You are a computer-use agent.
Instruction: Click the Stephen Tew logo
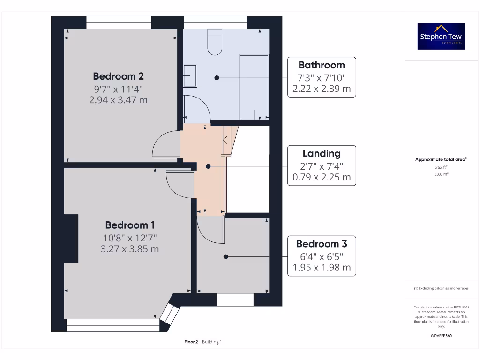click(x=442, y=36)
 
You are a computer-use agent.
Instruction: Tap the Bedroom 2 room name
click(x=118, y=76)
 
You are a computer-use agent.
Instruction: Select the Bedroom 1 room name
click(x=130, y=225)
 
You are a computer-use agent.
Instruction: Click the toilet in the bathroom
click(x=215, y=42)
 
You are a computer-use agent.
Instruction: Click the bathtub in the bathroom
click(x=254, y=87)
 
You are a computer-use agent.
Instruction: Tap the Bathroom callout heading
click(x=322, y=65)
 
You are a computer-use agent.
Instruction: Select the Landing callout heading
click(x=322, y=153)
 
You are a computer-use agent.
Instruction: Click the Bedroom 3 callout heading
click(x=322, y=244)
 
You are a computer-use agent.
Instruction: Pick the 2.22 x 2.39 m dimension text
click(x=322, y=89)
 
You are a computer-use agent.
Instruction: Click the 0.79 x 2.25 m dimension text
click(x=322, y=177)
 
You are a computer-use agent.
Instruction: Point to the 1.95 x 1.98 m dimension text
click(x=322, y=268)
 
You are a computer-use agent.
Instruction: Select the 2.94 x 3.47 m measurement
click(x=118, y=99)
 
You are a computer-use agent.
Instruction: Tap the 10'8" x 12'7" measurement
click(x=130, y=237)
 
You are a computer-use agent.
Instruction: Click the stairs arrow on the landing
click(x=228, y=139)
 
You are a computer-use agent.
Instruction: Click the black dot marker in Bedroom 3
click(x=226, y=256)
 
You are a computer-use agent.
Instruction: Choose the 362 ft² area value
click(x=441, y=167)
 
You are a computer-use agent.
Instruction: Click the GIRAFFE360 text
click(x=441, y=336)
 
